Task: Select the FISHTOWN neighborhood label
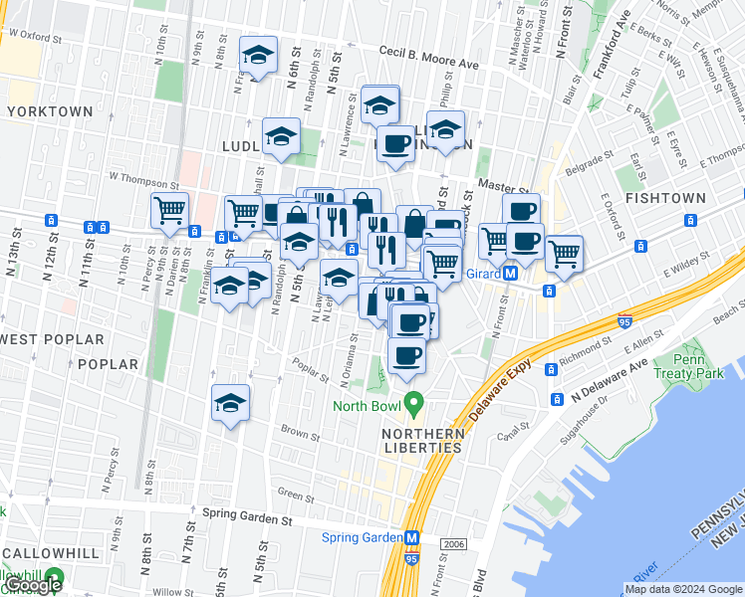coord(666,199)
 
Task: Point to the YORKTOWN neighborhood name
coord(51,112)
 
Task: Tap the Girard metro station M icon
coord(510,273)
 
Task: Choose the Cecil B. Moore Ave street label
coord(429,58)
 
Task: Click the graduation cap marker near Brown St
coord(231,404)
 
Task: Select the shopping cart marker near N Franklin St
coord(170,211)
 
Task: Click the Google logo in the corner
coord(32,585)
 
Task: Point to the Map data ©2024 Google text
coord(682,589)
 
